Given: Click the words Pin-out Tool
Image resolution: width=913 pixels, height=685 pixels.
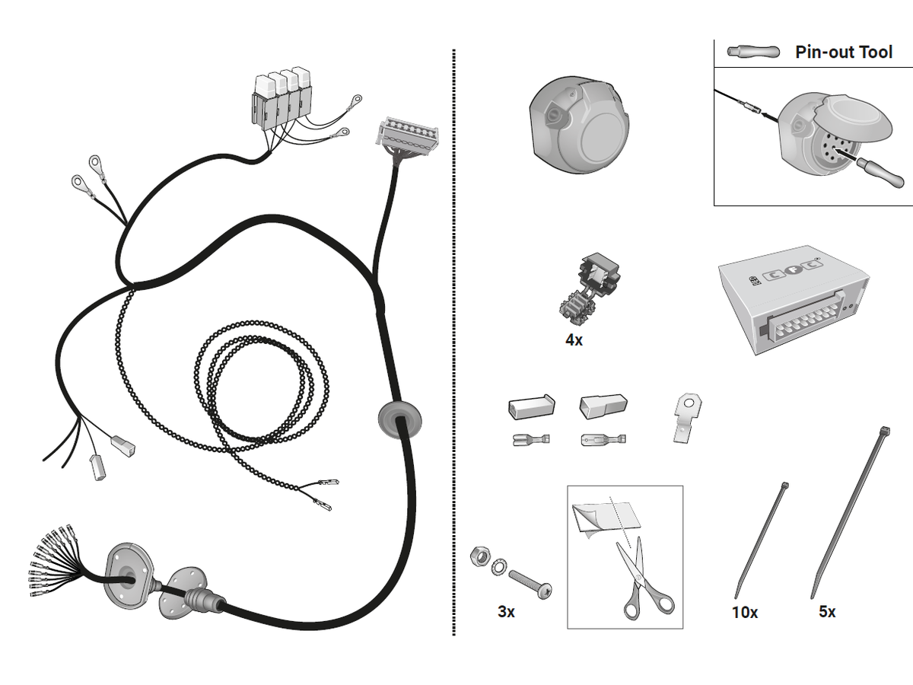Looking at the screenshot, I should pyautogui.click(x=844, y=52).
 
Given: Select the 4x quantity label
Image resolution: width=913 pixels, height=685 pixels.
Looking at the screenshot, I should pyautogui.click(x=574, y=340).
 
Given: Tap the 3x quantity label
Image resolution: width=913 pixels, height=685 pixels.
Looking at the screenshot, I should pyautogui.click(x=506, y=611).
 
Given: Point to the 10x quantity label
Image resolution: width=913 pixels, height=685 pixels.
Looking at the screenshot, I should pyautogui.click(x=744, y=611).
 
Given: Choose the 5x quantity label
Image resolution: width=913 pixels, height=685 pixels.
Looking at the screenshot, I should pyautogui.click(x=827, y=611).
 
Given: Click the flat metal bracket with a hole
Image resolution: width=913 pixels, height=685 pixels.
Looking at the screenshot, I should pyautogui.click(x=687, y=416).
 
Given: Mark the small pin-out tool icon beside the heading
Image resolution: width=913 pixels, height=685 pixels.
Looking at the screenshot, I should pyautogui.click(x=753, y=52).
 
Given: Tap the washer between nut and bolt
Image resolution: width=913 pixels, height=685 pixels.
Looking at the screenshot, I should pyautogui.click(x=499, y=566).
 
